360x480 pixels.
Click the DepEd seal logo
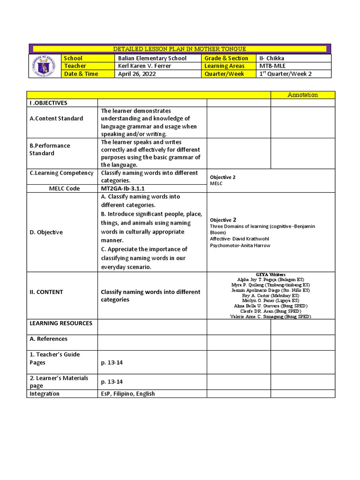click(45, 66)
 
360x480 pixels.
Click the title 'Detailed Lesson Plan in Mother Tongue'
click(180, 49)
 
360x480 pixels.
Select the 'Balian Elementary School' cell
click(152, 58)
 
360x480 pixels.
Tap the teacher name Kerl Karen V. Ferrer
click(144, 66)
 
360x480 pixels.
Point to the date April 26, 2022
click(137, 74)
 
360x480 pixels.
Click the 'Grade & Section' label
click(226, 58)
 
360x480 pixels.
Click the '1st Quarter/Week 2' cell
click(285, 74)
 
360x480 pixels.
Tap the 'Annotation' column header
click(302, 95)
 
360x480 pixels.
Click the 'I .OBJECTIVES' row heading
click(48, 103)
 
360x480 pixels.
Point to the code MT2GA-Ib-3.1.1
click(126, 188)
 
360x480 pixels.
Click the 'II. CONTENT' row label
click(46, 292)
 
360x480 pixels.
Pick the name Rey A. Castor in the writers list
click(270, 296)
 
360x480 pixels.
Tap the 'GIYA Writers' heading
click(270, 274)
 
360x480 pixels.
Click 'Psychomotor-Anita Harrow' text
click(240, 245)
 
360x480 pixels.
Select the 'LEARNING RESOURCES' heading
click(61, 323)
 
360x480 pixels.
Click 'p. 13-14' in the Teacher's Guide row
click(112, 363)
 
